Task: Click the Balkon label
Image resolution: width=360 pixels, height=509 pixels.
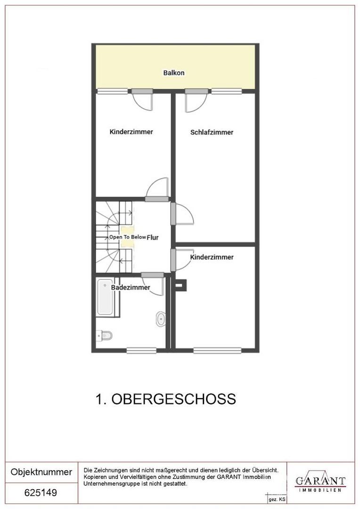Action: [173, 73]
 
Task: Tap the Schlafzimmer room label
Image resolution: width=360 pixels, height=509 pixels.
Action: [212, 132]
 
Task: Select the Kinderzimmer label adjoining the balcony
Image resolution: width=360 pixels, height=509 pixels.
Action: [131, 132]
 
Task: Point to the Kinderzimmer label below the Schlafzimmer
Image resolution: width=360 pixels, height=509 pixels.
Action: [212, 257]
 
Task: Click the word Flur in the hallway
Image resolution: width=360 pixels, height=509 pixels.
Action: [152, 238]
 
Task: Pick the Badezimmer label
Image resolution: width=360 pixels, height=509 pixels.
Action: [131, 287]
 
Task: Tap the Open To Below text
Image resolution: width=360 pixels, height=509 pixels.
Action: [127, 238]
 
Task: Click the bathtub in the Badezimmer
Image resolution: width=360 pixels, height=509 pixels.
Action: [105, 297]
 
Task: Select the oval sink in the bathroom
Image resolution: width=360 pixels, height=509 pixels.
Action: [161, 319]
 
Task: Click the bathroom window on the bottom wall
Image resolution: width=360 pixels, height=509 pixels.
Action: [141, 350]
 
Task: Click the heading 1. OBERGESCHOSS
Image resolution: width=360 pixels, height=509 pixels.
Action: [165, 399]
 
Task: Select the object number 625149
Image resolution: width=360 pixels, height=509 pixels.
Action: [41, 493]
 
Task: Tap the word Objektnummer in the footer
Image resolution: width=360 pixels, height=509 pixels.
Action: [41, 472]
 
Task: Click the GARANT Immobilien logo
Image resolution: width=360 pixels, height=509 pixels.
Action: [320, 482]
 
